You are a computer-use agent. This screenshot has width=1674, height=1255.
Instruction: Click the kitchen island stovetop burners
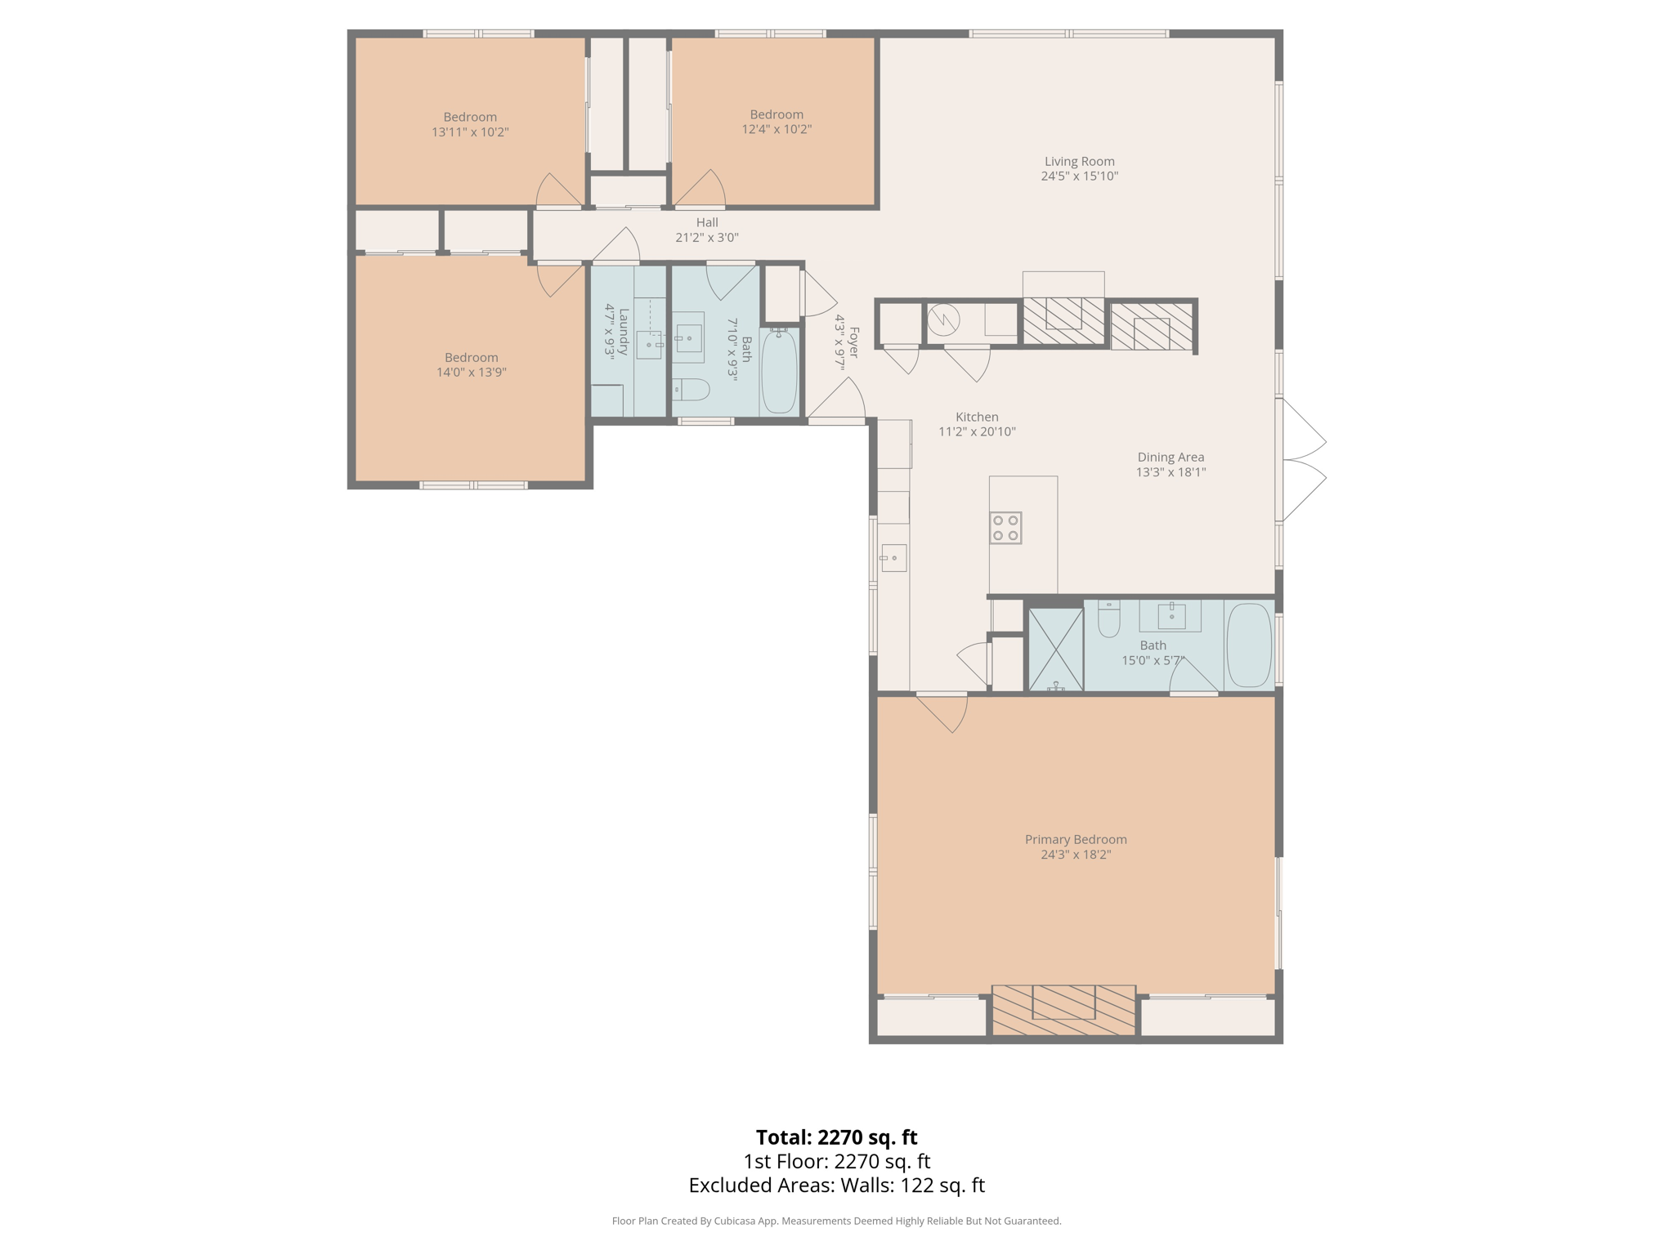[x=1005, y=528]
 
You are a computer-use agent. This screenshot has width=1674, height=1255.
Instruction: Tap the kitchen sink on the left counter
[x=893, y=558]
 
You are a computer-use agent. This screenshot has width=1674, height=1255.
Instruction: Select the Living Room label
[x=1079, y=162]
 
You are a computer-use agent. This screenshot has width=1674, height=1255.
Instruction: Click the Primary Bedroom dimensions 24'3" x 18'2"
[x=1075, y=855]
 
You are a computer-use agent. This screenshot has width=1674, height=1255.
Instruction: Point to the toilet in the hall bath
[x=692, y=390]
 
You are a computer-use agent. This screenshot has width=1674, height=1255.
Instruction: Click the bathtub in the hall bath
[x=779, y=371]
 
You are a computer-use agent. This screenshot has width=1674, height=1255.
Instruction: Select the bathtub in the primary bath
[x=1250, y=645]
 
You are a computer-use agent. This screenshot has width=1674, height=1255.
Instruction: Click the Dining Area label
[x=1170, y=458]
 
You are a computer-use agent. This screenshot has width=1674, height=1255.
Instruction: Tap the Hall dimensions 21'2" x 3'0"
[x=706, y=238]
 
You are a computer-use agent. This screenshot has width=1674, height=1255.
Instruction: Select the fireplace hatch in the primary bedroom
[x=1063, y=1012]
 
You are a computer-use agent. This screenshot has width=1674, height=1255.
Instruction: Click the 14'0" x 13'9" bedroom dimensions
[x=471, y=373]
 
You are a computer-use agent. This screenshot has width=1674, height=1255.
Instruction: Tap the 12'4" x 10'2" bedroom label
[x=776, y=114]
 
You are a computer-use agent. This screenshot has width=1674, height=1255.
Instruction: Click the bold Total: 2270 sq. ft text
[x=836, y=1137]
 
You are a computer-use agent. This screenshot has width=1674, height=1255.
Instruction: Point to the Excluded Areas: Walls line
[x=836, y=1186]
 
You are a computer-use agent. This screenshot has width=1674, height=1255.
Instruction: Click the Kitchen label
[x=976, y=417]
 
